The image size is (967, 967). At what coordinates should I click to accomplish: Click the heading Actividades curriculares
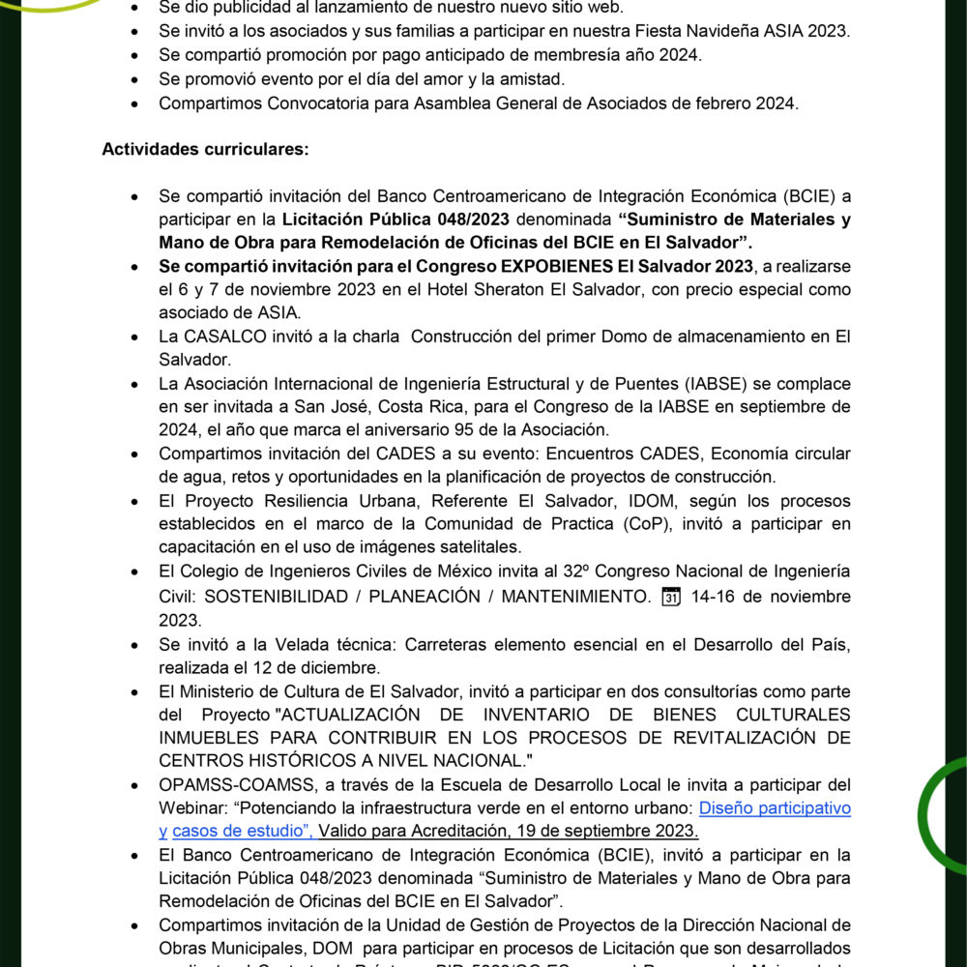(206, 150)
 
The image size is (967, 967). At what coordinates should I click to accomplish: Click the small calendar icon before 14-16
(670, 596)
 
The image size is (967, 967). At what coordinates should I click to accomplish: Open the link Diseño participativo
(775, 807)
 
